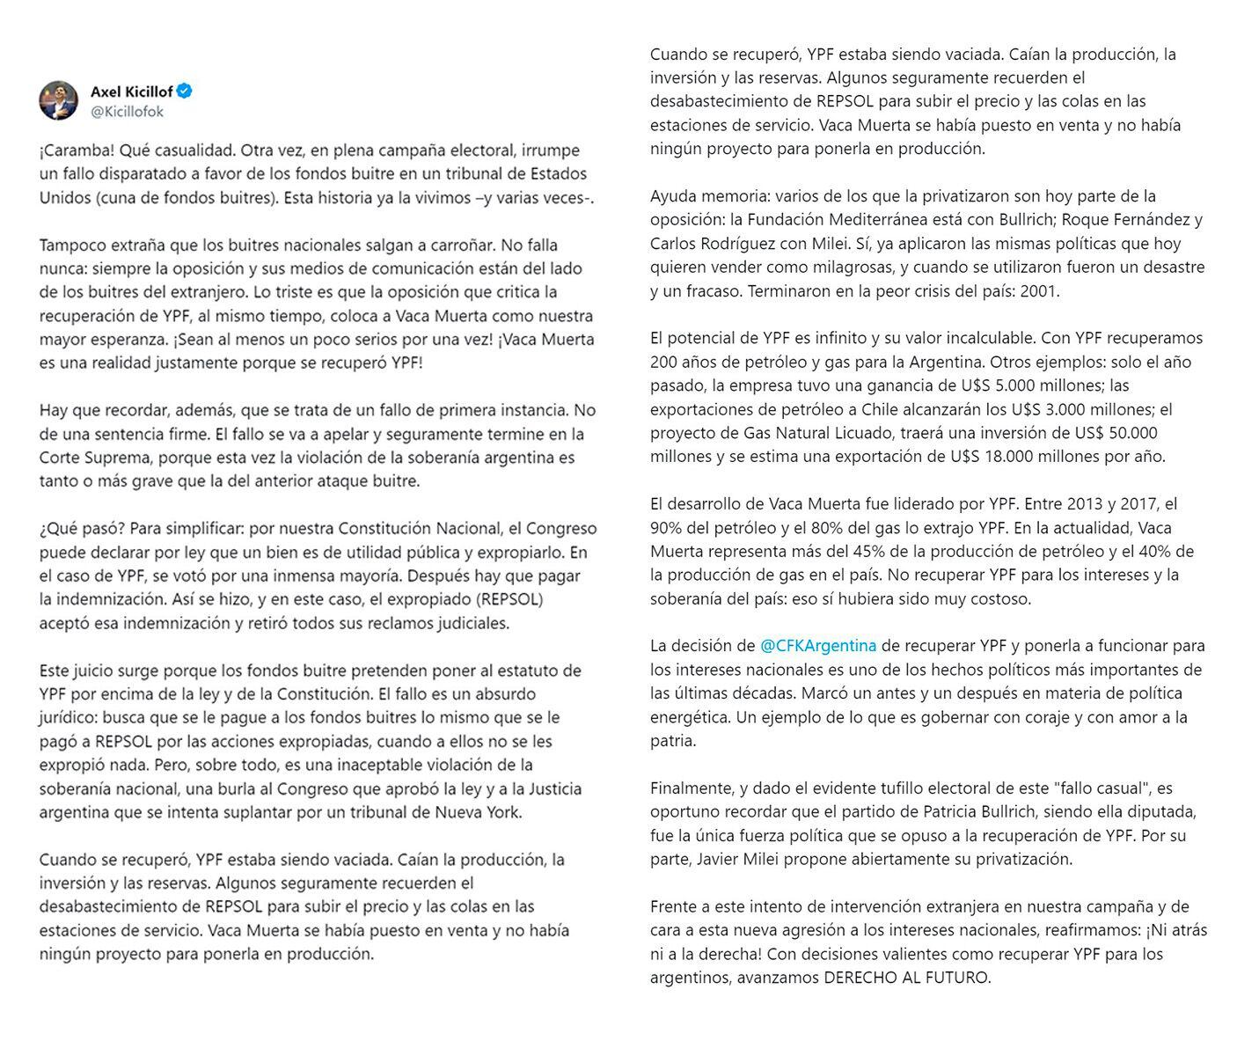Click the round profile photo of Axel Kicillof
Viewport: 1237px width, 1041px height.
[x=59, y=100]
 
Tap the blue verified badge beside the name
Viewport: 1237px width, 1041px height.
[x=185, y=91]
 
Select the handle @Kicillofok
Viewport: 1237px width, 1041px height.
[x=127, y=112]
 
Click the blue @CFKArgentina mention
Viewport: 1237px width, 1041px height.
[x=818, y=646]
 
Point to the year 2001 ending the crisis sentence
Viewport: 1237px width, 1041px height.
[x=1041, y=290]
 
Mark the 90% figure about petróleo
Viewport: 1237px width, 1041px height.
[x=668, y=528]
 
